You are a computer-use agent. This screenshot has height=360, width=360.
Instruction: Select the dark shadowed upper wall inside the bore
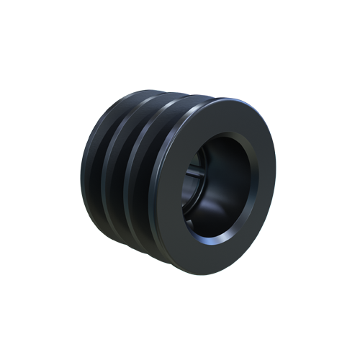coord(223,148)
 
